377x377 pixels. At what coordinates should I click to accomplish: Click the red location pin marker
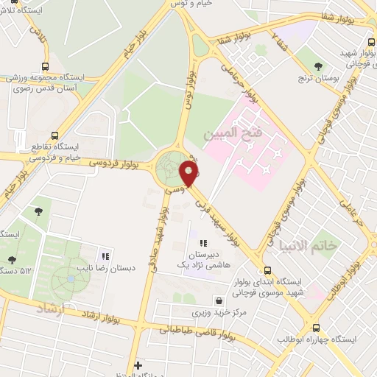[x=189, y=174]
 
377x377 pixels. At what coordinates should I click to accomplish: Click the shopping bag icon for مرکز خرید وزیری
[x=219, y=300]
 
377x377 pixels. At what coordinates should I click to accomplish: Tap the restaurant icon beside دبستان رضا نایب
[x=106, y=257]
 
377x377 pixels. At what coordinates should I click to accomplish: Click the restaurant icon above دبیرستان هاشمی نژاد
[x=203, y=242]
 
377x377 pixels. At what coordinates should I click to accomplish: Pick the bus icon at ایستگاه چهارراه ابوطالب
[x=316, y=328]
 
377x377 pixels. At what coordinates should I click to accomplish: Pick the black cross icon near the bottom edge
[x=138, y=364]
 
